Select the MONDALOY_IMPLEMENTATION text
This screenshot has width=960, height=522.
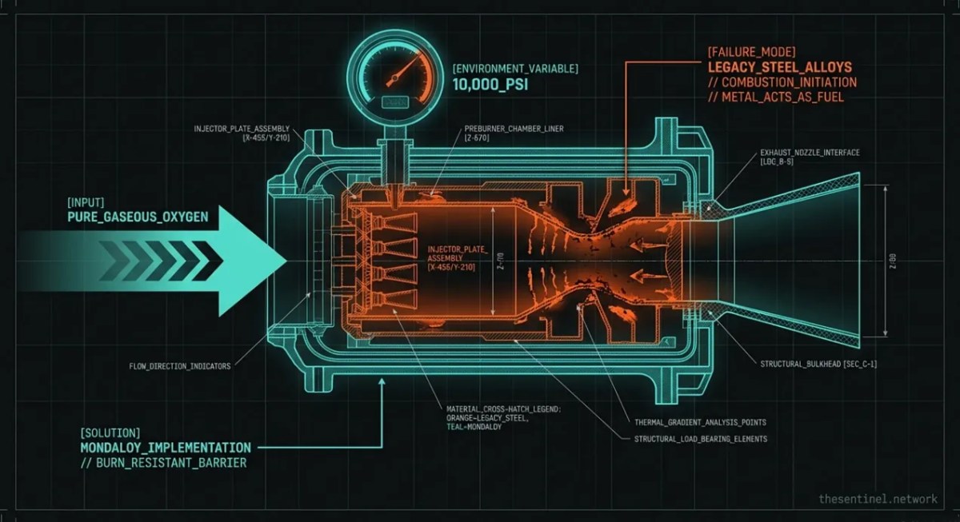(166, 448)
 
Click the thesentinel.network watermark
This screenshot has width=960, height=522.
(878, 499)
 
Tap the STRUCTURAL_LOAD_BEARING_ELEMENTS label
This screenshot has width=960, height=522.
(701, 439)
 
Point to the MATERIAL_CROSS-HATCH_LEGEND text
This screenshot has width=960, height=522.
(505, 408)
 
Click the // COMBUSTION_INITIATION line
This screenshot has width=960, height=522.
(782, 82)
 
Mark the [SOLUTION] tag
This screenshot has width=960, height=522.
(110, 432)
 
